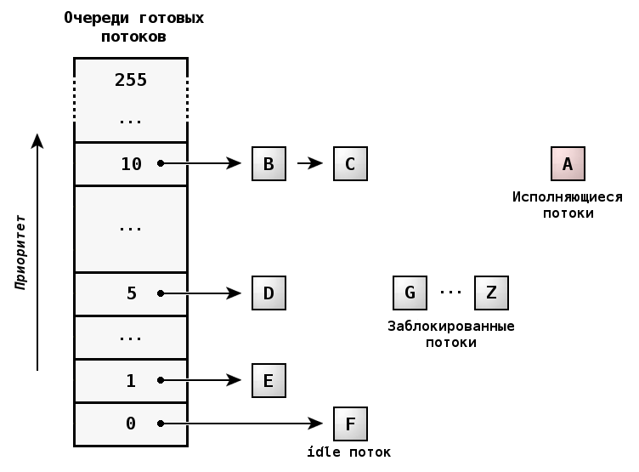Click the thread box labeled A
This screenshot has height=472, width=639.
coord(568,163)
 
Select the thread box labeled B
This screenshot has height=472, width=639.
coord(269,163)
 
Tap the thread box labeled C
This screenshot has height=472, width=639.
coord(350,163)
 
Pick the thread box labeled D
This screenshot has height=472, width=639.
coord(269,293)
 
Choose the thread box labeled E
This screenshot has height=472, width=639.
coord(269,380)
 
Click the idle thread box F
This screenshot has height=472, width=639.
coord(350,424)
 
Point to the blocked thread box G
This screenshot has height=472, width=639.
coord(410,293)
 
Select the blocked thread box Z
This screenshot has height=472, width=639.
coord(491,293)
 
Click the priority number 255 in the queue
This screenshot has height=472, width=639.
coord(131,80)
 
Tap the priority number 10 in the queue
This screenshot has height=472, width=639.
coord(131,164)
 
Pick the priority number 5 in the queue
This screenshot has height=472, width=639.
coord(131,293)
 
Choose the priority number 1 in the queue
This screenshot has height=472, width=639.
coord(131,381)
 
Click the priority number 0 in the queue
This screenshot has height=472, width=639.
coord(131,424)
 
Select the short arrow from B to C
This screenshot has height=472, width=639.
coord(309,163)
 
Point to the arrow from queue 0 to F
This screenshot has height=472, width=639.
coord(242,424)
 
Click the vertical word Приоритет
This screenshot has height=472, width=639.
coord(20,252)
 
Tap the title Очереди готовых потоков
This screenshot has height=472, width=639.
coord(133,27)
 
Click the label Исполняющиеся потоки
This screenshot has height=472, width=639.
coord(568,205)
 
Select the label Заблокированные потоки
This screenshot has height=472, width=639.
coord(450,334)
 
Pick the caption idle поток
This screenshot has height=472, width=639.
coord(349,452)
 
